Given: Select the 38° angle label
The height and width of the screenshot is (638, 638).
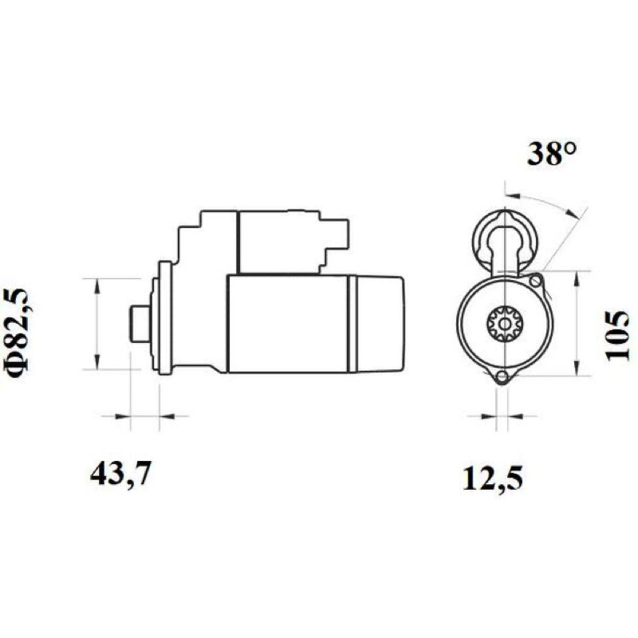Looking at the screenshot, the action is coord(552,154).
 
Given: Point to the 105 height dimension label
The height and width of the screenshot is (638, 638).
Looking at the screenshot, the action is coord(617,336).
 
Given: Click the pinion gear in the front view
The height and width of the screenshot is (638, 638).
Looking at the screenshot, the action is coord(505,325).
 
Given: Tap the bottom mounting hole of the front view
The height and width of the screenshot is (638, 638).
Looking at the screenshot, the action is coord(503,376).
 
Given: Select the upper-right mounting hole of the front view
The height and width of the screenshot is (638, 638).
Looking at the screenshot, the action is coord(536,281).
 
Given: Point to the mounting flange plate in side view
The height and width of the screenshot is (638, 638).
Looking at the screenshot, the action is coord(165,317).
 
